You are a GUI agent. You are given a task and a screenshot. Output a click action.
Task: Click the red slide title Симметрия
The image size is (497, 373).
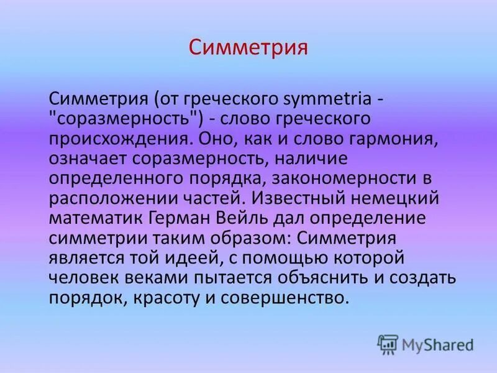[248, 47]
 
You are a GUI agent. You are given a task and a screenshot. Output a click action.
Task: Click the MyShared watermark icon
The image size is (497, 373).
[388, 343]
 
